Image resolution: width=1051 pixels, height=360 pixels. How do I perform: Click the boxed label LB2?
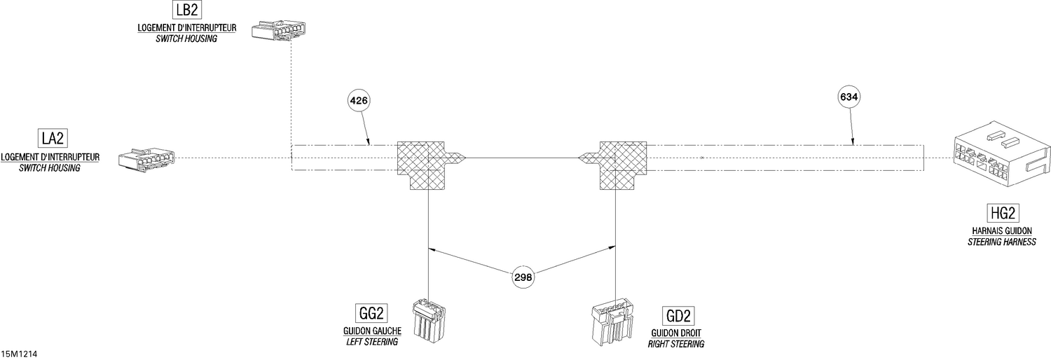[187, 9]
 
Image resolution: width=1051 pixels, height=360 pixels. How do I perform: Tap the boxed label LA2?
[53, 138]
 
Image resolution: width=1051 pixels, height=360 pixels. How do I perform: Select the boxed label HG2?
[1003, 214]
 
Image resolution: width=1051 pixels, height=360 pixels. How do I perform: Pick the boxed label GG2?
[371, 313]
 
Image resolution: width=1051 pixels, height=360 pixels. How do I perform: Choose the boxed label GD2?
[678, 315]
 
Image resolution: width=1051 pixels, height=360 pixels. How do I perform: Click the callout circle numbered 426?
[359, 100]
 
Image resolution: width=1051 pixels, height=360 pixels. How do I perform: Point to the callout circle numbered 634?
[849, 97]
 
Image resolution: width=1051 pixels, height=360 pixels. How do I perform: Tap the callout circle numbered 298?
[523, 277]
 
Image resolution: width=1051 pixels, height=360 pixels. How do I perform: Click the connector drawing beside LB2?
[278, 31]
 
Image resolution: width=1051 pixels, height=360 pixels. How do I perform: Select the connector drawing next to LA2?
[146, 158]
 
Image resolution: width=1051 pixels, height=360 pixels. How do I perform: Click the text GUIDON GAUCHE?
[372, 331]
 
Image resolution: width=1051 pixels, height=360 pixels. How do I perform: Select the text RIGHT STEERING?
[676, 344]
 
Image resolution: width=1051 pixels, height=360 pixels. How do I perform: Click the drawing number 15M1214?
[19, 354]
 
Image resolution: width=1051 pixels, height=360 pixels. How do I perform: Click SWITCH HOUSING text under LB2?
[186, 39]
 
